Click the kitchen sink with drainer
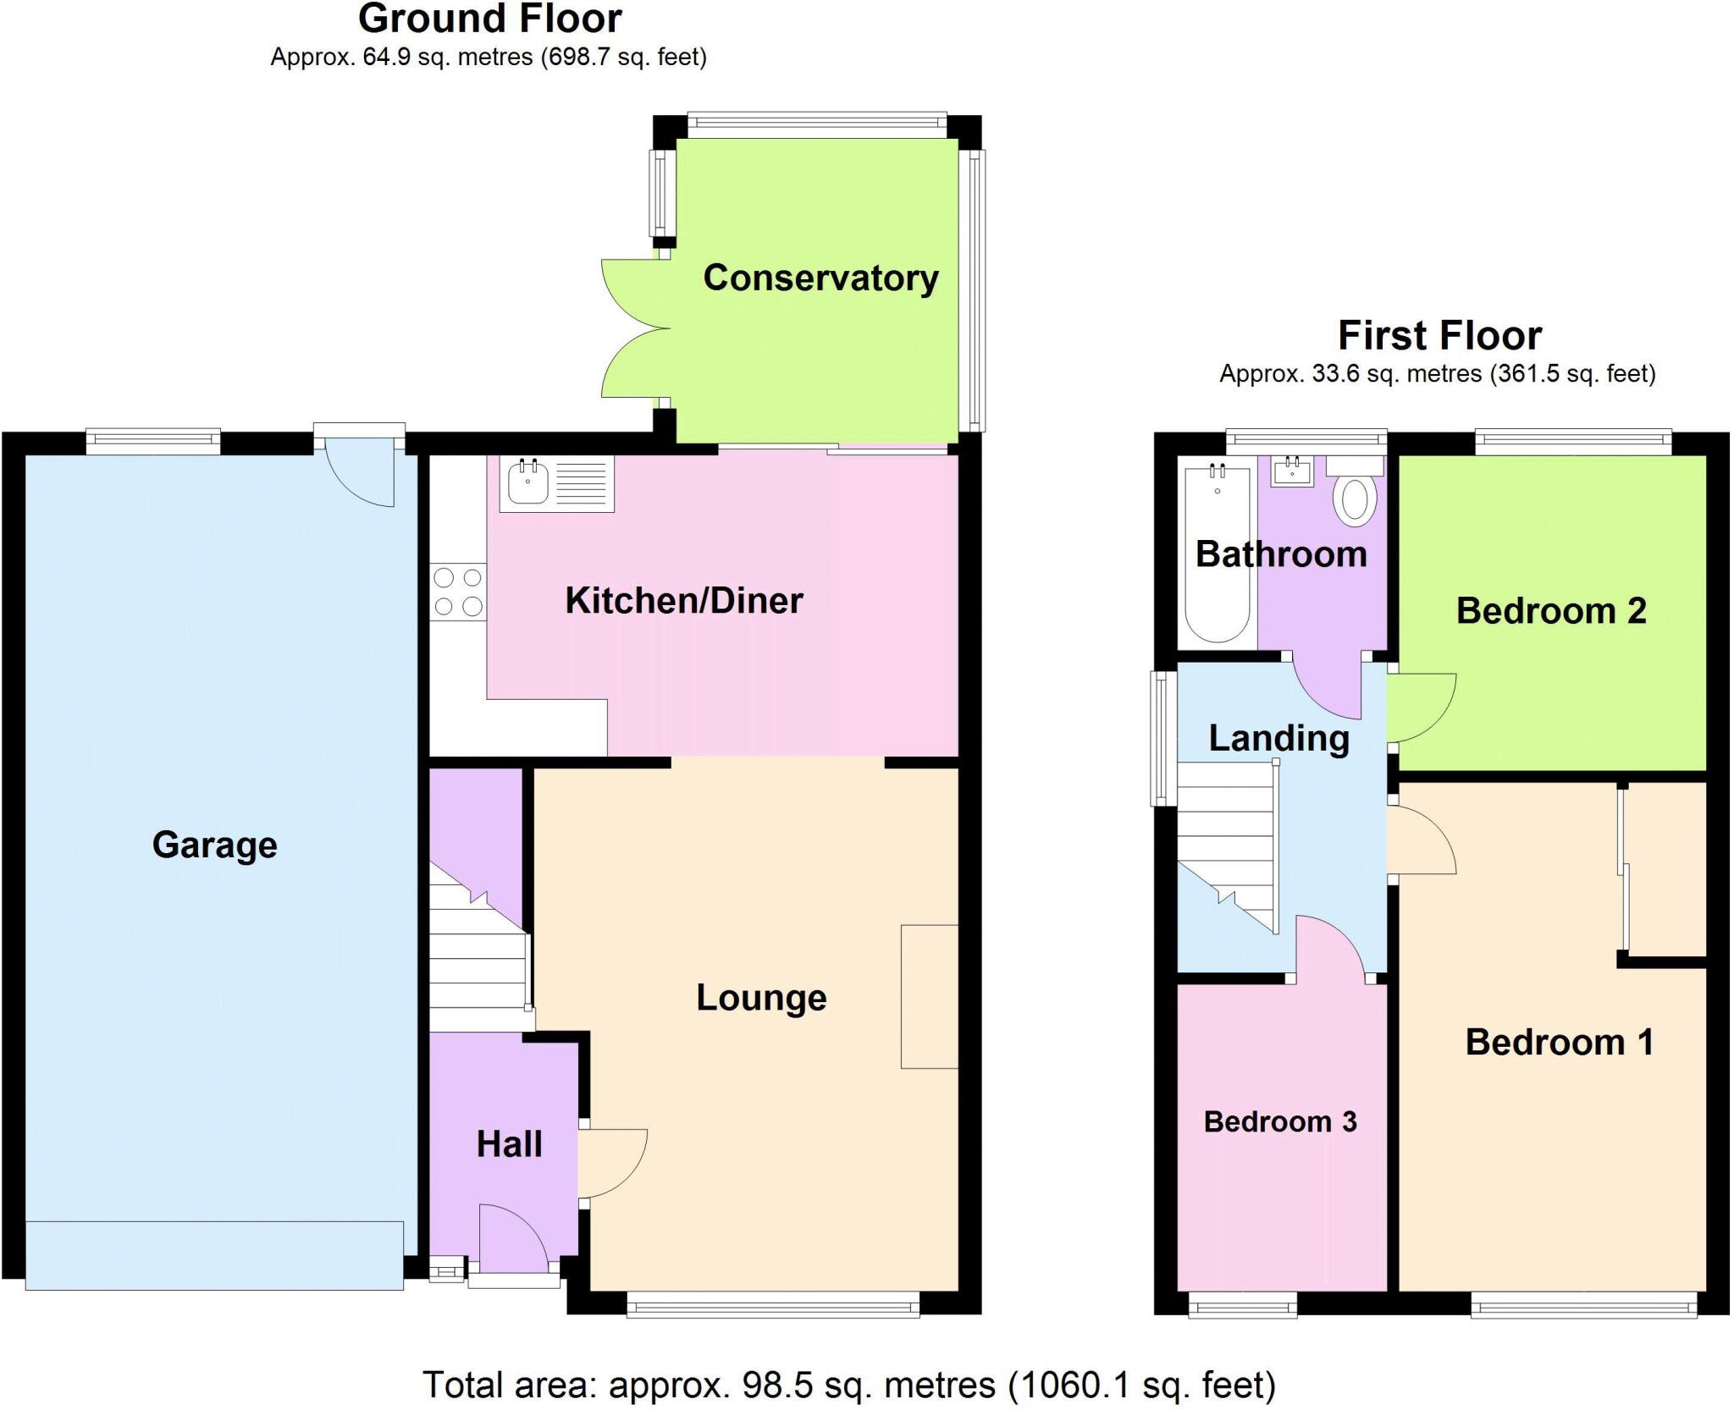pos(556,484)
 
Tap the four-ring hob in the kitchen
pos(458,592)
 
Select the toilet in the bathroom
pos(1355,498)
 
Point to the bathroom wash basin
pos(1293,471)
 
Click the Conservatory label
pos(820,278)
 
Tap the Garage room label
pos(214,845)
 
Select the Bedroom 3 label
pos(1279,1121)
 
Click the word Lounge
pos(760,997)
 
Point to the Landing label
pos(1278,738)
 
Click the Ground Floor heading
pos(489,19)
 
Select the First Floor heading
pos(1439,335)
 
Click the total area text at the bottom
pos(848,1385)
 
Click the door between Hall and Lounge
pos(611,1163)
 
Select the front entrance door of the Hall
pos(511,1240)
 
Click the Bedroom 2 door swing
pos(1420,708)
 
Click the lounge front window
pos(773,1308)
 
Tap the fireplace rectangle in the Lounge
pos(929,996)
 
